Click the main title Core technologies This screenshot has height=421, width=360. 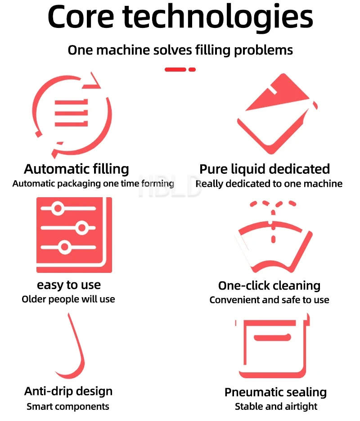(x=180, y=18)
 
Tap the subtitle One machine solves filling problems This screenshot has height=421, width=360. (x=180, y=50)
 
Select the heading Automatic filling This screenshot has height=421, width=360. (x=76, y=169)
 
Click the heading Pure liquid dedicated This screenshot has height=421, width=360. (x=265, y=169)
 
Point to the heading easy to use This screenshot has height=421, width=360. (x=69, y=285)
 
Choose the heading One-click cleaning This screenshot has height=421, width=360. (x=269, y=285)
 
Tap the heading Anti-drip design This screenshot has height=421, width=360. (x=68, y=391)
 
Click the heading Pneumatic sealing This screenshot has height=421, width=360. (x=275, y=392)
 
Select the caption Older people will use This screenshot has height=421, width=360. (x=68, y=299)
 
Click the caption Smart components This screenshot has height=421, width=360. (x=68, y=407)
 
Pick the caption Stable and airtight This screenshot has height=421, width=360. (x=276, y=407)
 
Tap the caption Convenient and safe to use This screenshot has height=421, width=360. (x=269, y=300)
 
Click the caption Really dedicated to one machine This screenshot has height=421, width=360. (x=269, y=184)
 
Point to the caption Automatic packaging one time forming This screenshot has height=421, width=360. (x=93, y=184)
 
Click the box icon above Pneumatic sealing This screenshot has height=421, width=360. (x=273, y=347)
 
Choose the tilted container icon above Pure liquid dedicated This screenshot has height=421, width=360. (x=275, y=115)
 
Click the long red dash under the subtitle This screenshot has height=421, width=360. (x=175, y=69)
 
